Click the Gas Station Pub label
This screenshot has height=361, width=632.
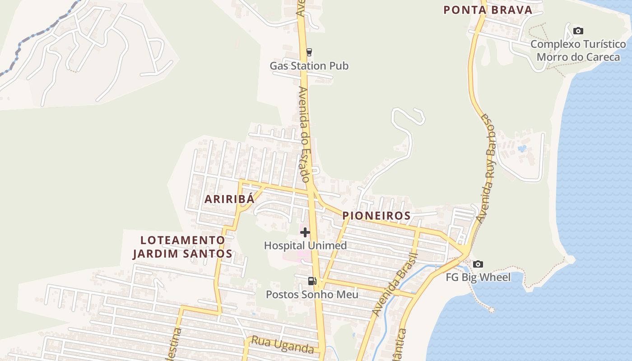tap(309, 66)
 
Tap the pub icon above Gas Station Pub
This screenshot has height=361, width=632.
tap(309, 52)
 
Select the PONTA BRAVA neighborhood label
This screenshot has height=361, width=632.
tap(488, 10)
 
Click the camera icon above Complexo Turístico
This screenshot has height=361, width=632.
tap(578, 31)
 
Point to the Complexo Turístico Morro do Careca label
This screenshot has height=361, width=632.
tap(578, 51)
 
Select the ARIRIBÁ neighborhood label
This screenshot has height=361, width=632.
tap(229, 199)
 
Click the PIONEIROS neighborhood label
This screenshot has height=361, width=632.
tap(376, 216)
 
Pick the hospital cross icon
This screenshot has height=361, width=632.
tap(305, 232)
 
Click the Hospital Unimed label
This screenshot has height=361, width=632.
tap(305, 246)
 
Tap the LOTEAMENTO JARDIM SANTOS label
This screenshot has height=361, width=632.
tap(182, 247)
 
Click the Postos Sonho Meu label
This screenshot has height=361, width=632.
tap(312, 295)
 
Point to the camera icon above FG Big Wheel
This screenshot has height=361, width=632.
tap(478, 264)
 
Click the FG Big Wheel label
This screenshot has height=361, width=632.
tap(478, 277)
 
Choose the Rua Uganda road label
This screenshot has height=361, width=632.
tap(282, 345)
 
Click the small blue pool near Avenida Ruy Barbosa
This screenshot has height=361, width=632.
tap(523, 148)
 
